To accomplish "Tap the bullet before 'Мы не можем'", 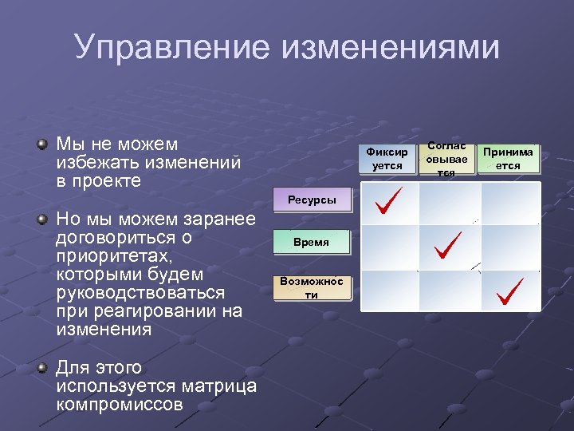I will [41, 145].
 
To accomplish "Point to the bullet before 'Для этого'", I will [41, 369].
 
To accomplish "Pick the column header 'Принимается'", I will [508, 159].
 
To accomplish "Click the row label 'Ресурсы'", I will [312, 200].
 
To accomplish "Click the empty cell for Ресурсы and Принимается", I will [510, 204].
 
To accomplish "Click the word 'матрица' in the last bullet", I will [220, 386].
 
